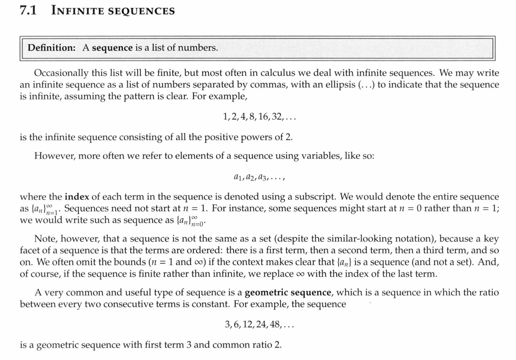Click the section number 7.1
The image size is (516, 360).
coord(27,10)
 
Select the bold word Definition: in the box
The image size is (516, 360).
coord(52,48)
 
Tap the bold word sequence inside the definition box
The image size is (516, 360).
coord(112,48)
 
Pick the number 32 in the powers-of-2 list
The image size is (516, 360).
coord(279,117)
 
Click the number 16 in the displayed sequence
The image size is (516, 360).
coord(263,117)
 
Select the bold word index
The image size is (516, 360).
coord(77,197)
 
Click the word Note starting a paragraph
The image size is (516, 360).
coord(44,238)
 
